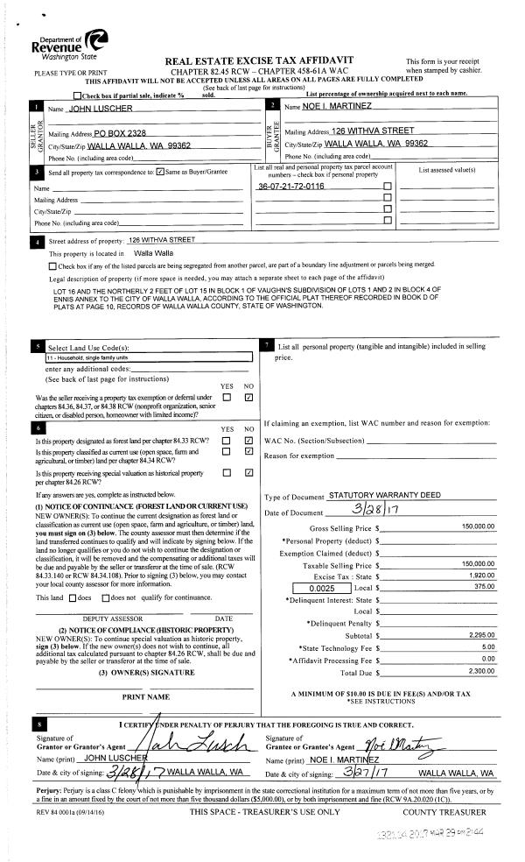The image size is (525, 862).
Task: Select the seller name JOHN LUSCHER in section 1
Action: coord(101,109)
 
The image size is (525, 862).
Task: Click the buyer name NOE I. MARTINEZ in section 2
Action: coord(312,107)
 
